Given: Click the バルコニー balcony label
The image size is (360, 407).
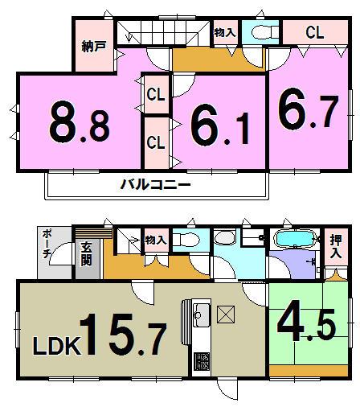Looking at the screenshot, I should (x=155, y=185).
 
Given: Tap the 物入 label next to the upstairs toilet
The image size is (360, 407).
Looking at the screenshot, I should (x=225, y=33).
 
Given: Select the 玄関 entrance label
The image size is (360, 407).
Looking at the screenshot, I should (x=86, y=254).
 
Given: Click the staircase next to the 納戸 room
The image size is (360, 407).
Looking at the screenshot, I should (x=157, y=34).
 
